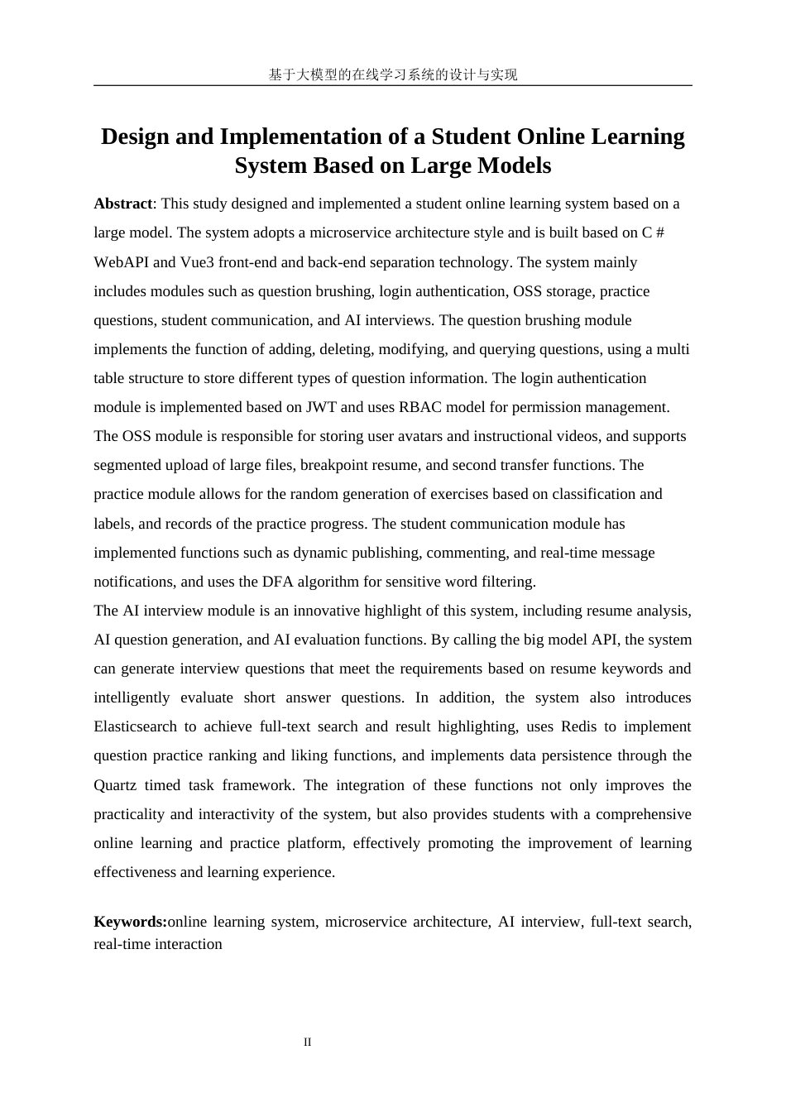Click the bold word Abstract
pyautogui.click(x=122, y=204)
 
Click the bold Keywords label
pyautogui.click(x=129, y=922)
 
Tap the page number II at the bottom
pyautogui.click(x=308, y=1042)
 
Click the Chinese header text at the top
pyautogui.click(x=393, y=74)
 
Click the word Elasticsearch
pyautogui.click(x=135, y=726)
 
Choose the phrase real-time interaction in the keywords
pyautogui.click(x=158, y=944)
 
